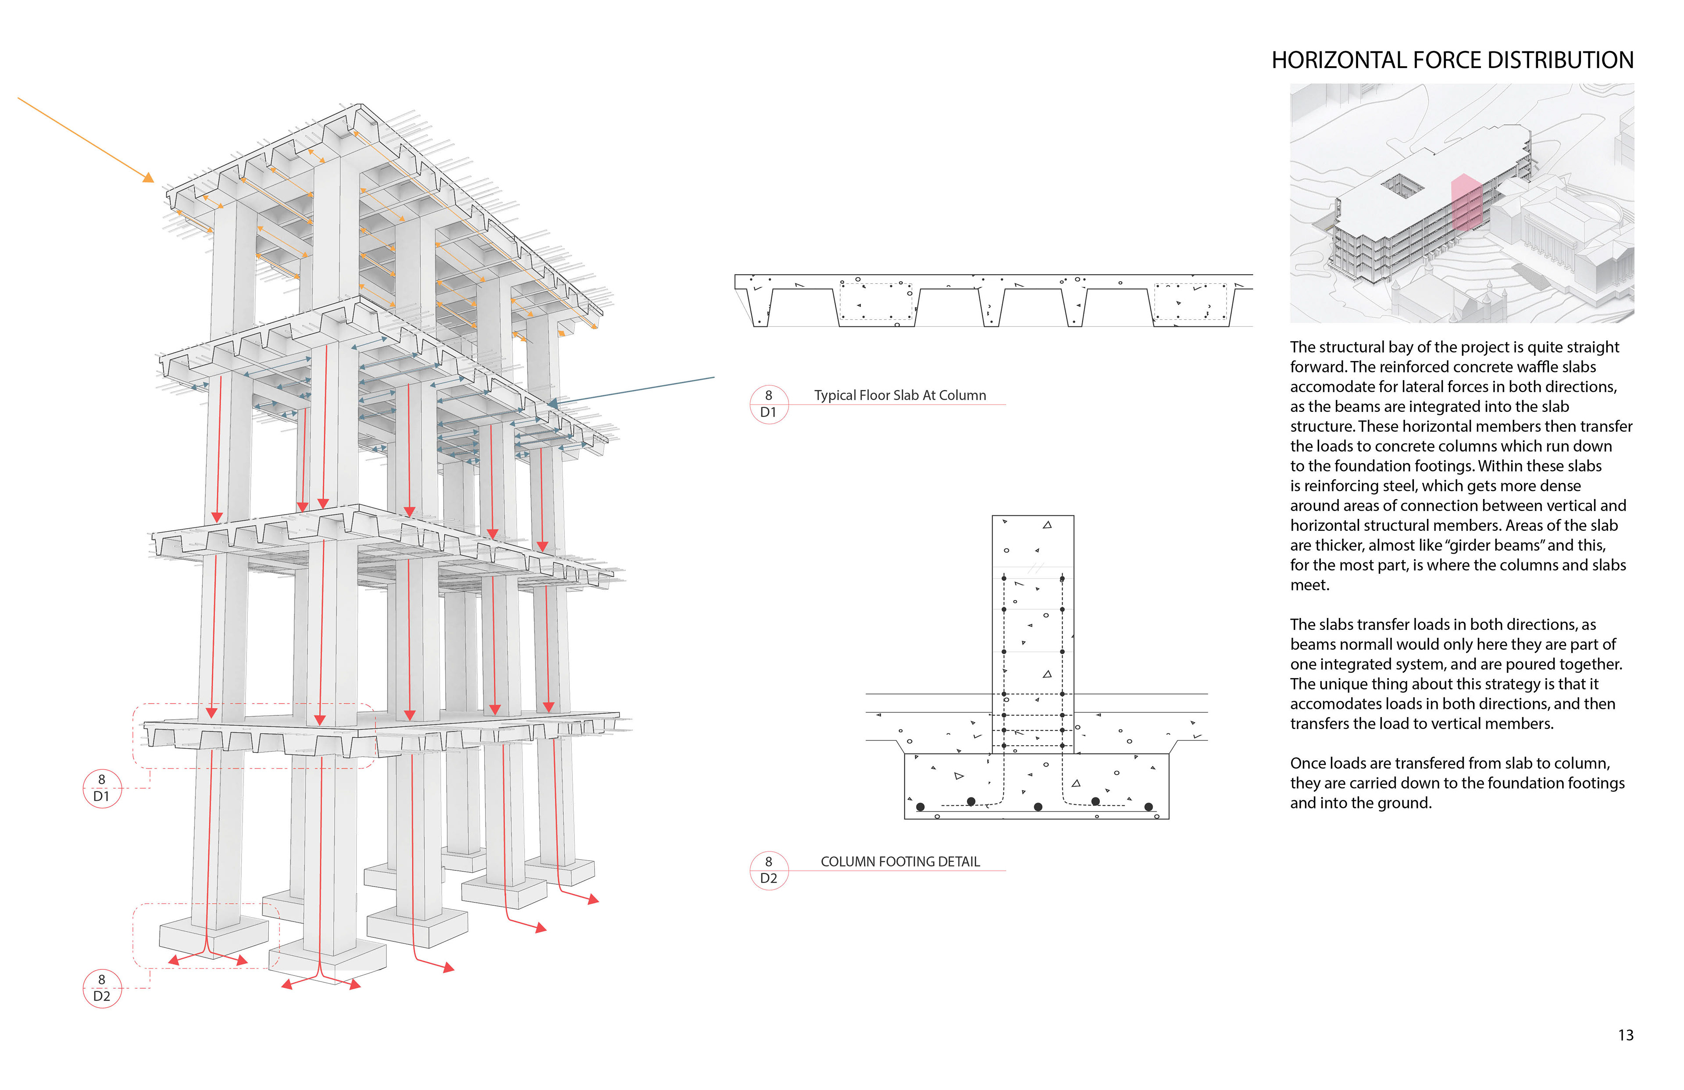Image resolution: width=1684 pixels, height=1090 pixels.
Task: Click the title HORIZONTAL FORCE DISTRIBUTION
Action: click(1452, 60)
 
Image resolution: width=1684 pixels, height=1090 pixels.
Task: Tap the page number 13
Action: click(1625, 1035)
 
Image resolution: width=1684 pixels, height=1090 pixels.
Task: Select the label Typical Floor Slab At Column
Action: click(899, 395)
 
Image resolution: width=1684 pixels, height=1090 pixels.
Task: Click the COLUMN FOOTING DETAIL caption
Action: click(900, 861)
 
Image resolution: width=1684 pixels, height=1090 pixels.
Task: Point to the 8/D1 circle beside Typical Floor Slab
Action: click(768, 404)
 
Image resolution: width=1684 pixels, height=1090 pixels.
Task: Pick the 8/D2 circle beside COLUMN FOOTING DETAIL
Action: click(768, 870)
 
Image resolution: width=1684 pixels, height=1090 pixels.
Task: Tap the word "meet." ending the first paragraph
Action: click(1309, 585)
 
